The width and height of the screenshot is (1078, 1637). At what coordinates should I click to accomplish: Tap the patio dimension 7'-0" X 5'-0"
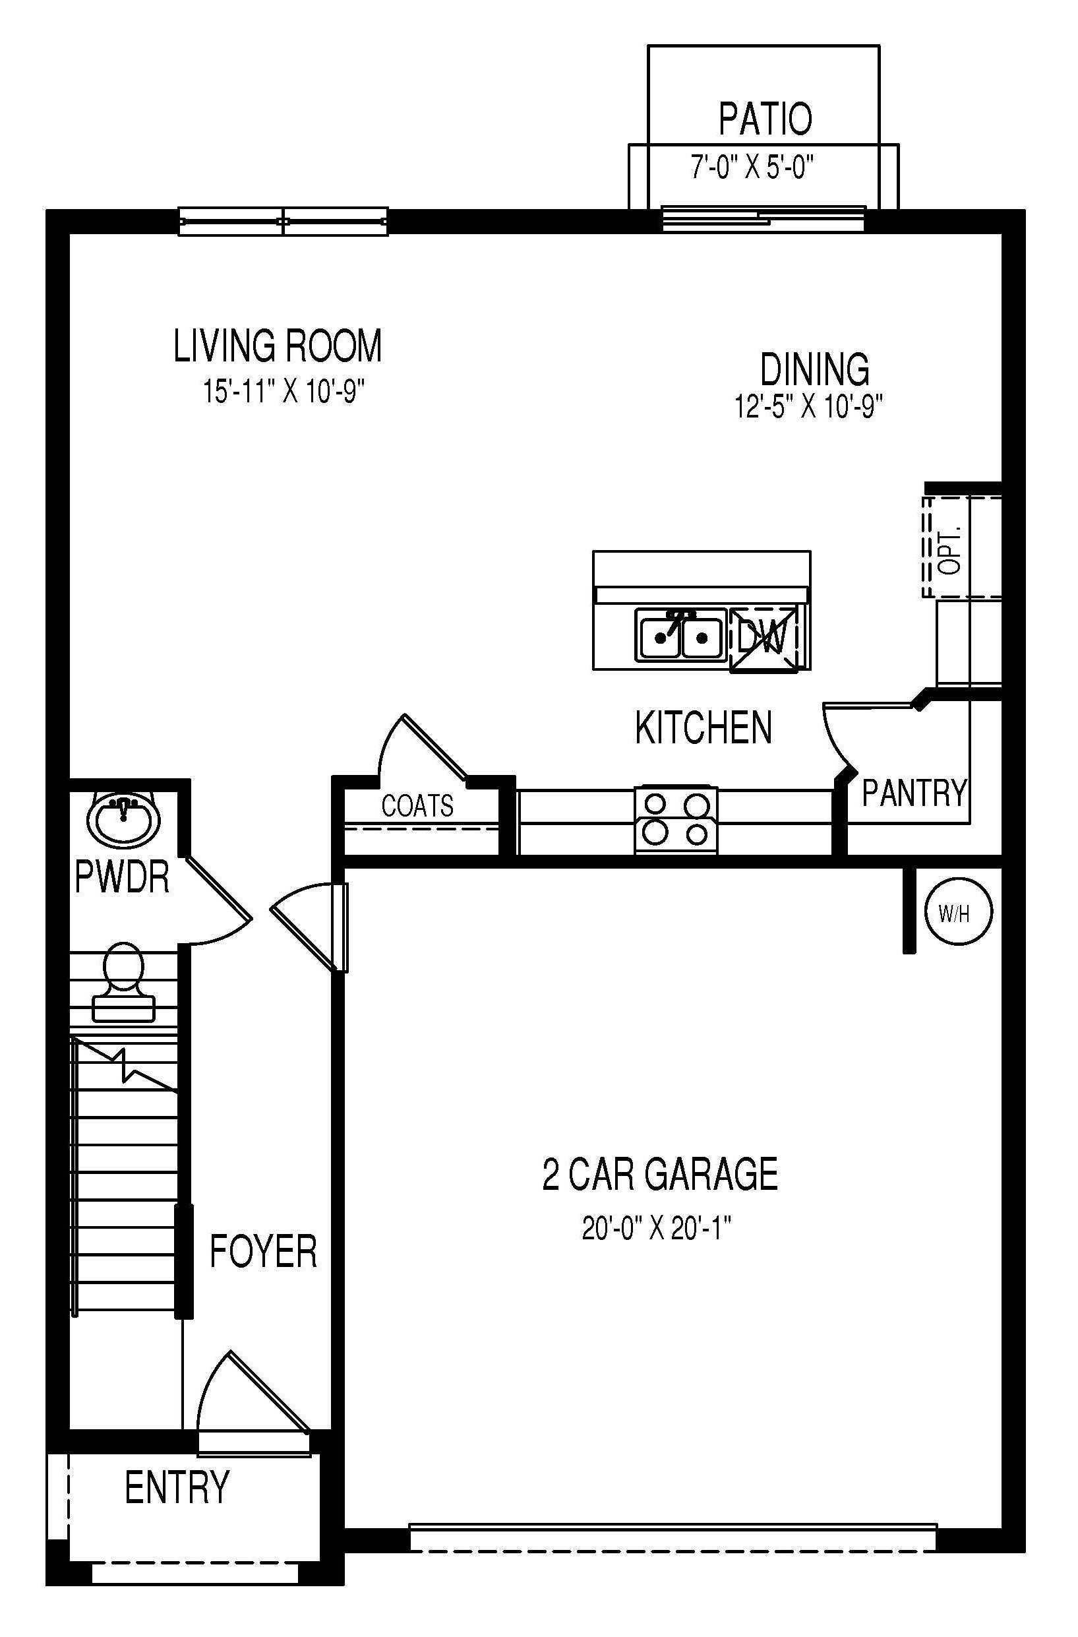pos(752,167)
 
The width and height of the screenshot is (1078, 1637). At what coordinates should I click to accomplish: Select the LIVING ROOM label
pos(277,346)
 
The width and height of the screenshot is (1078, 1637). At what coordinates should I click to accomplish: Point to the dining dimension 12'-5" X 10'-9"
pos(808,406)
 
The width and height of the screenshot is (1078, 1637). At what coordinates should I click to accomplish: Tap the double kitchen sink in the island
pos(679,636)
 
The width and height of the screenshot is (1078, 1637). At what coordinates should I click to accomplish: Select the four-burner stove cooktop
pos(676,820)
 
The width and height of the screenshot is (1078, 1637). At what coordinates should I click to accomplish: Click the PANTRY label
pos(914,793)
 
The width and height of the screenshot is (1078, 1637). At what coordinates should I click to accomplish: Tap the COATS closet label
pos(417,805)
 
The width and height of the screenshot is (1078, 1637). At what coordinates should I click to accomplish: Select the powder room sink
pos(124,819)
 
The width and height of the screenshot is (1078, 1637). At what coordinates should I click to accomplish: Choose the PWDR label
pos(122,879)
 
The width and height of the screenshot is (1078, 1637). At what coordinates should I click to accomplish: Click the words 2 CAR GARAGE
pos(660,1174)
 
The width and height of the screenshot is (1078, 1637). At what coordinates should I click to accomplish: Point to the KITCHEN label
pos(703,727)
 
